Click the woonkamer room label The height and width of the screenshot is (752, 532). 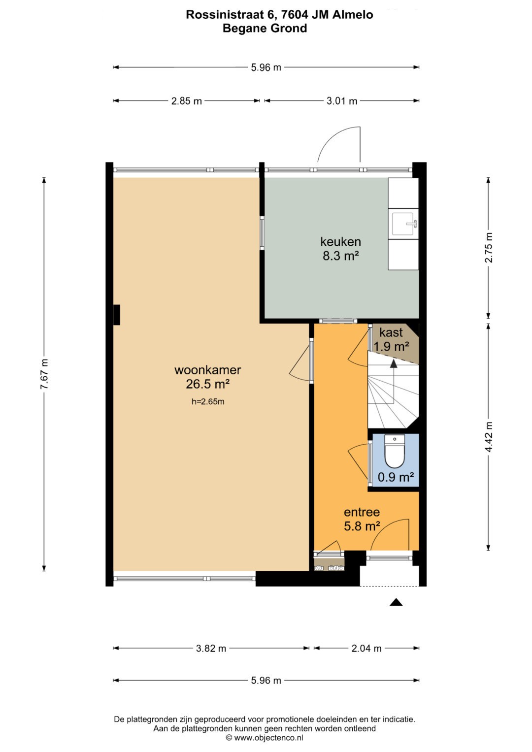click(207, 370)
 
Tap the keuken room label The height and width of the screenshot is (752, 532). click(340, 241)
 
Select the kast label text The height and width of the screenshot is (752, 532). click(391, 332)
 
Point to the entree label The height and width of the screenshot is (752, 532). click(362, 512)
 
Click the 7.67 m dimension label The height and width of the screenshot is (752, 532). click(44, 374)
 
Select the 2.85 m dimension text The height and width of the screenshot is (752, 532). click(186, 101)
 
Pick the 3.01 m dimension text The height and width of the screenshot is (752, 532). click(342, 101)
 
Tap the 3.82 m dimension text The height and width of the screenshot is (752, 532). click(211, 648)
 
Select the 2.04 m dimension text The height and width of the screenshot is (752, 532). click(366, 648)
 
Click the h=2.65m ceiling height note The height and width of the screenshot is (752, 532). click(208, 401)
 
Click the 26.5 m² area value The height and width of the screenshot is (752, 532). click(207, 384)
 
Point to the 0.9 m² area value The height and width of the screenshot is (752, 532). click(396, 477)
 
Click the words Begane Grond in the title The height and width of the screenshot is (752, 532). click(265, 28)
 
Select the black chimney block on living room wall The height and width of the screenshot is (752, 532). click(117, 315)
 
